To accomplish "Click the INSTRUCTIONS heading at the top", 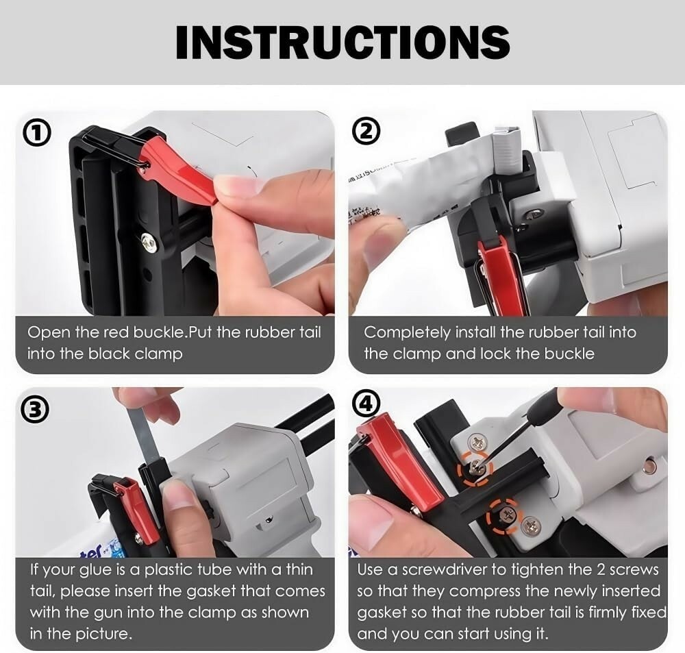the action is coord(342,42).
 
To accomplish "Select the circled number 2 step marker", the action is coord(366,132).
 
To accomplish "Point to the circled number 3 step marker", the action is coord(33,410).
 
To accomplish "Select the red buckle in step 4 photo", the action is coord(399,463).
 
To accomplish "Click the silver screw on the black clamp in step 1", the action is coord(147,240).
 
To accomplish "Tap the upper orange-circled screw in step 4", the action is coord(475,470).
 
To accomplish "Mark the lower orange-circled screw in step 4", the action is coord(505,517).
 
